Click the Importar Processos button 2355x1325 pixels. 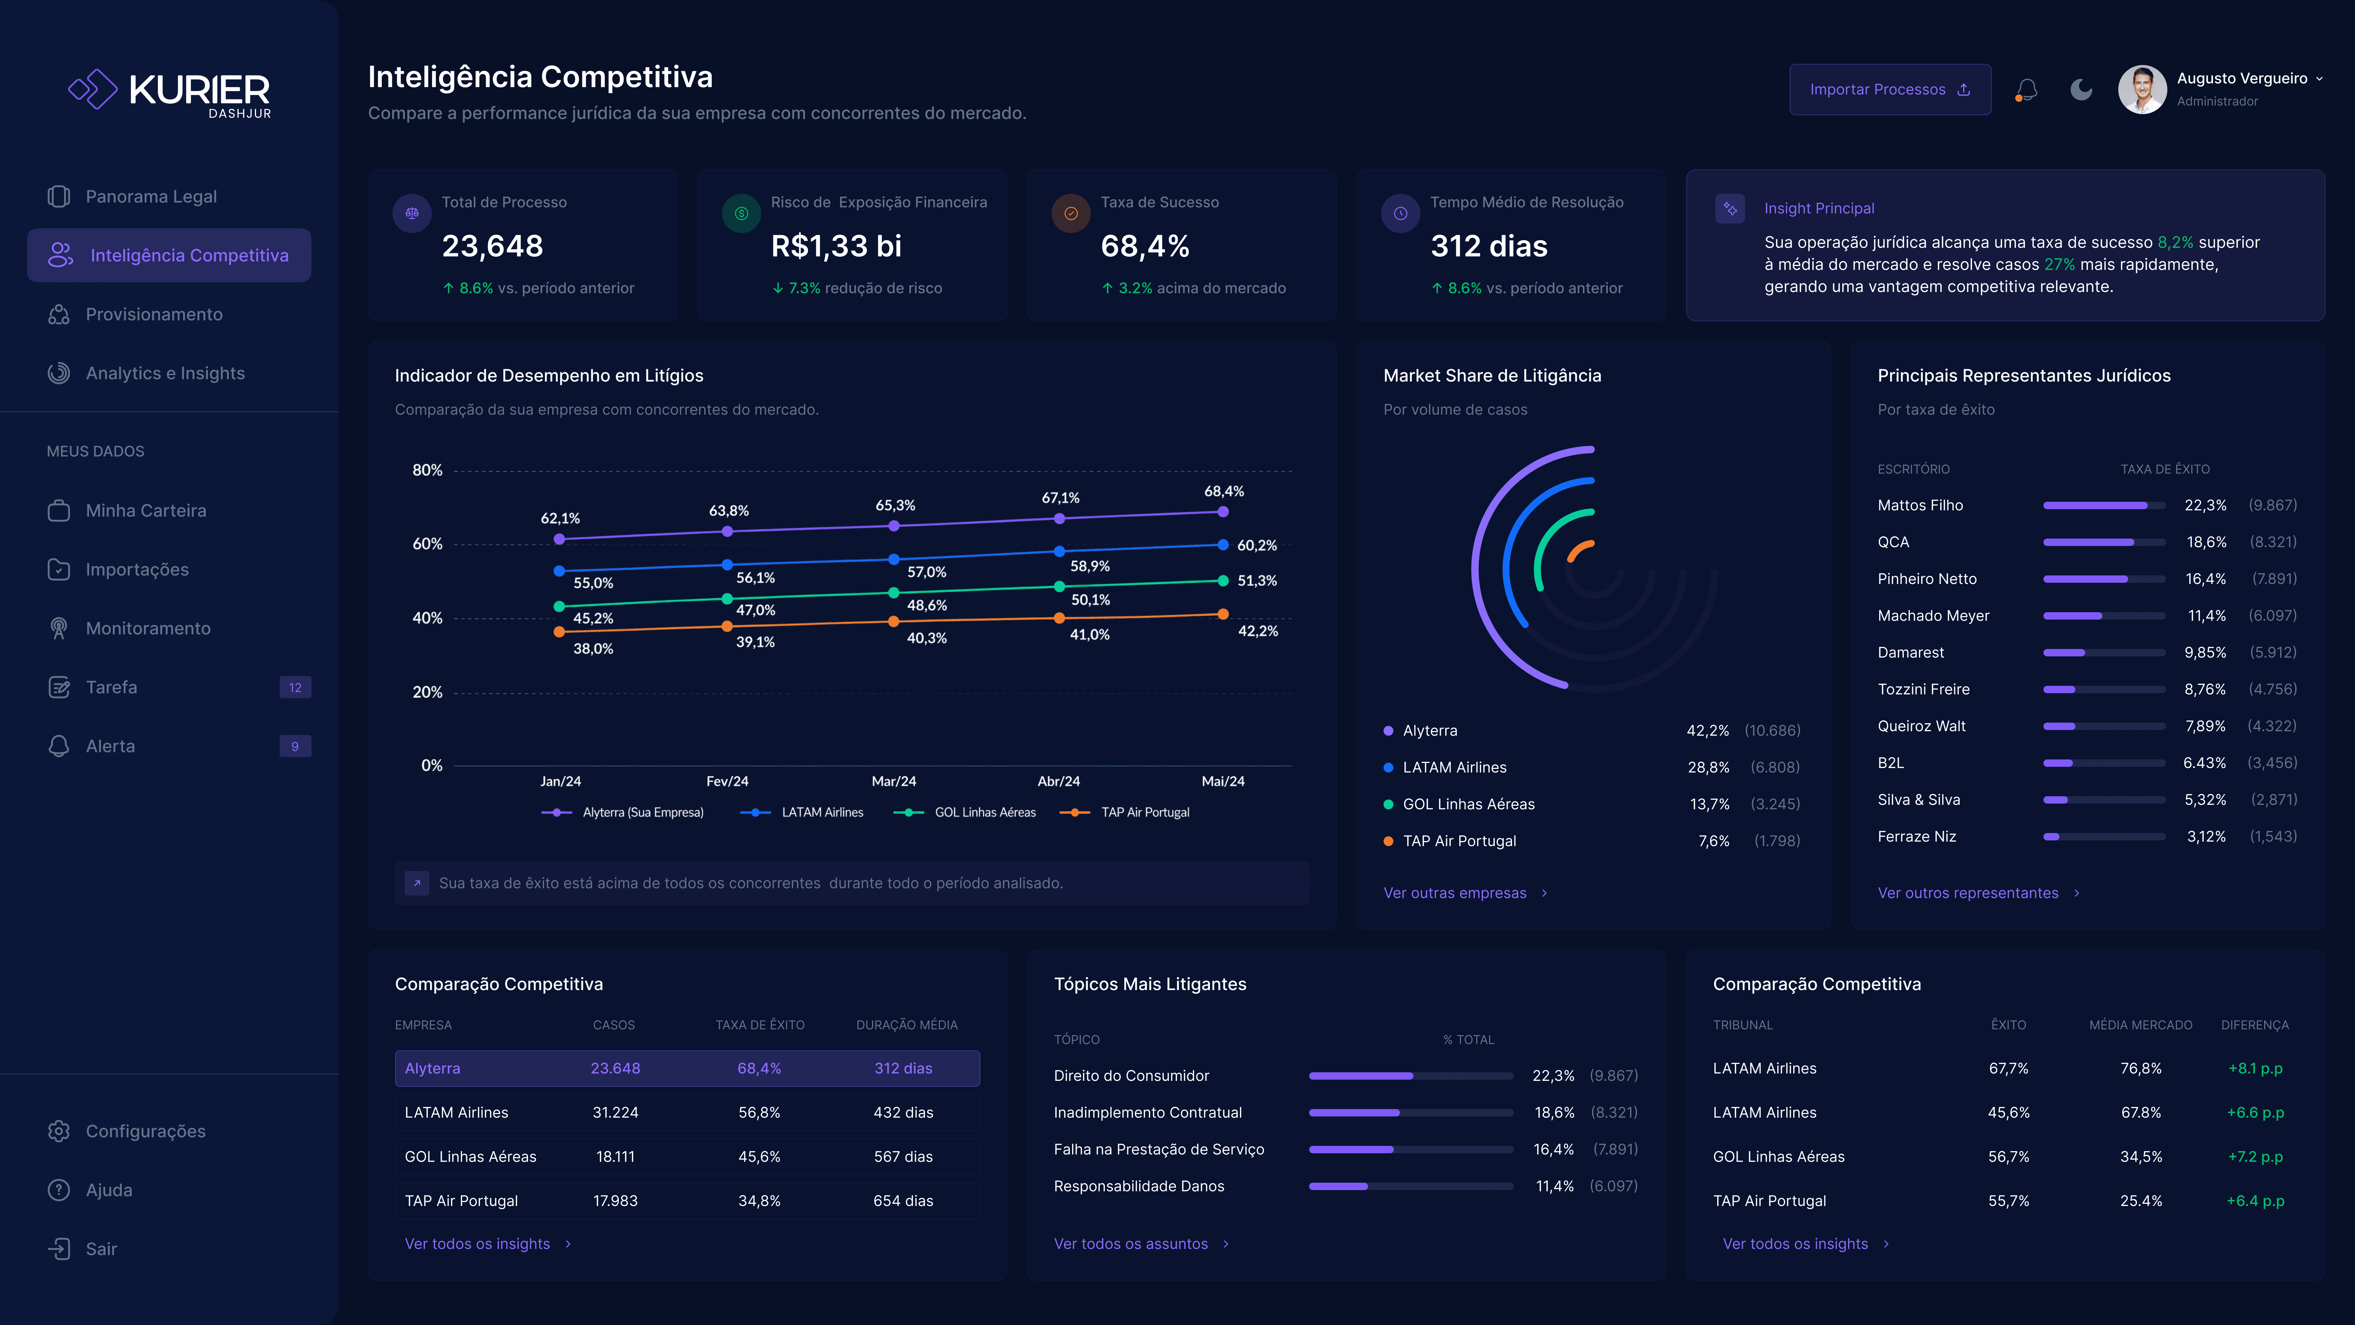click(1890, 90)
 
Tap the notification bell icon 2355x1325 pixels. click(2026, 90)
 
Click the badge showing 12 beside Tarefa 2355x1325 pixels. click(295, 688)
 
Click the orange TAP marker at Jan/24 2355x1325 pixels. click(560, 632)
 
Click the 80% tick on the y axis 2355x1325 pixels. click(427, 470)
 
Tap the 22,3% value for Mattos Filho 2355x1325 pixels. click(2205, 506)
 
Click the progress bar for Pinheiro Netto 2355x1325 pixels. click(2104, 579)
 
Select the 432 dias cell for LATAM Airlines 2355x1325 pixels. click(903, 1113)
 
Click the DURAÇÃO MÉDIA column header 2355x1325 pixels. click(907, 1025)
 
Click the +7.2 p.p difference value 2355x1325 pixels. click(2255, 1157)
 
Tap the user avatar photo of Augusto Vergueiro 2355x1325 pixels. click(2142, 90)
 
